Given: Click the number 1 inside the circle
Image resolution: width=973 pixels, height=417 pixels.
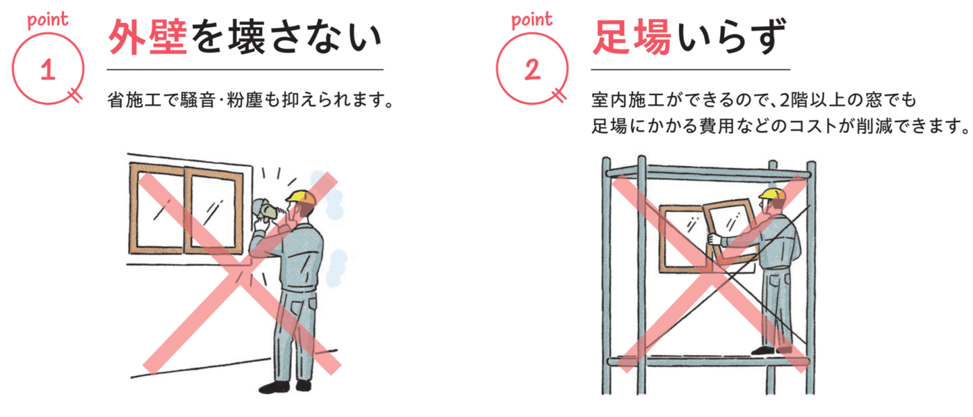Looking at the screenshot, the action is tap(48, 69).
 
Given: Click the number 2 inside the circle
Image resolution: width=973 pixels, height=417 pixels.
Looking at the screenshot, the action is tap(532, 69).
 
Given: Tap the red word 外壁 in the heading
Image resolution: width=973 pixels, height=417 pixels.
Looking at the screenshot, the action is tap(147, 38).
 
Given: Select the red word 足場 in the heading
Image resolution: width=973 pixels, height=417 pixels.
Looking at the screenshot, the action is tap(632, 38).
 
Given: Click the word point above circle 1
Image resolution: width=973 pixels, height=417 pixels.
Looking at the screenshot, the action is tap(48, 20).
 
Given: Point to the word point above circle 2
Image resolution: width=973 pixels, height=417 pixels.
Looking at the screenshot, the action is tap(532, 20).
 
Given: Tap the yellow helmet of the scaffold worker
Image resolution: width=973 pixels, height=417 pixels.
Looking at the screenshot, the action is tap(772, 194).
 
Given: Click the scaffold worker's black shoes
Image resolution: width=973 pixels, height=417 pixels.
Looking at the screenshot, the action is tap(771, 349).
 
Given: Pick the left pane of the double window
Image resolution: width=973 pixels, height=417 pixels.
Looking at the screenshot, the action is tap(157, 208).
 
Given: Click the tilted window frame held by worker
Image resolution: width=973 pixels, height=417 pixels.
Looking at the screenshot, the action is tap(730, 232).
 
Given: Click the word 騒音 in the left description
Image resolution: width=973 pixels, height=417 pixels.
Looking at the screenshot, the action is tap(198, 100).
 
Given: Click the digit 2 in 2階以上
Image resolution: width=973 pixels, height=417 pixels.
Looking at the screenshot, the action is tap(785, 100).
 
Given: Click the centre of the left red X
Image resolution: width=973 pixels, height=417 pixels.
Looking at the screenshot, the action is tap(241, 272).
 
